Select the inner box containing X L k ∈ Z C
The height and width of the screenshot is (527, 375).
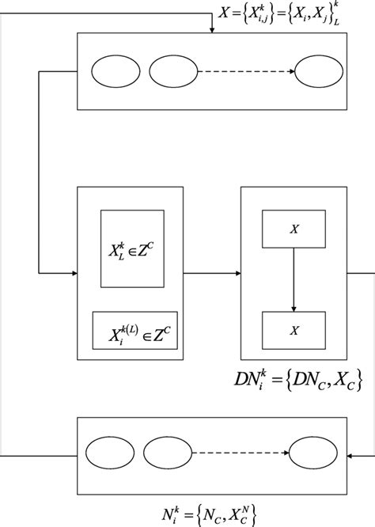pos(132,248)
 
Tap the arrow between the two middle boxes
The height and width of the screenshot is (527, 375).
pos(214,274)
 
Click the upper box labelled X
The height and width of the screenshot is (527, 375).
pos(294,229)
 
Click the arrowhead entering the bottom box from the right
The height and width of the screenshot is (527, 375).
pos(347,457)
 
